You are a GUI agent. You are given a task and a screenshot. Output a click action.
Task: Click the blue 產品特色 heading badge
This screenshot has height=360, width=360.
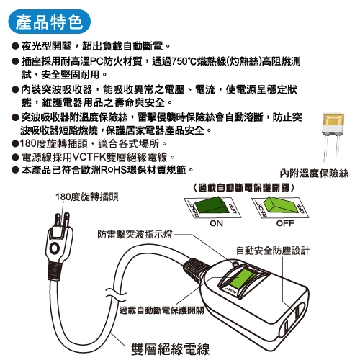click(50, 22)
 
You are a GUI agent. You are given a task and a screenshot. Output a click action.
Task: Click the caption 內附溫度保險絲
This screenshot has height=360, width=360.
click(314, 174)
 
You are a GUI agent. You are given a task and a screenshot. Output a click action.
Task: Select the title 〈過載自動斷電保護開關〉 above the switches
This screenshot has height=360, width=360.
click(243, 188)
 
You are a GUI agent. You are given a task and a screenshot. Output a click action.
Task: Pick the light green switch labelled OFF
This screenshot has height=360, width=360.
click(280, 207)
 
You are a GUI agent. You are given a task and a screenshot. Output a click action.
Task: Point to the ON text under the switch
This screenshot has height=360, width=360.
click(216, 223)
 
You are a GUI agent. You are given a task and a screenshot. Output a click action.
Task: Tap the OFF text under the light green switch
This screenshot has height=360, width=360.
click(285, 223)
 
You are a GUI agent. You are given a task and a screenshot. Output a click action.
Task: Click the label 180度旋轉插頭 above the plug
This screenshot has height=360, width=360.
click(87, 197)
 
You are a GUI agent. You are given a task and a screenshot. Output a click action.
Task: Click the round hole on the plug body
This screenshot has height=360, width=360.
click(54, 248)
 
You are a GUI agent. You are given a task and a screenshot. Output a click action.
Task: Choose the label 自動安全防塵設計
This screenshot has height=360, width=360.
click(273, 251)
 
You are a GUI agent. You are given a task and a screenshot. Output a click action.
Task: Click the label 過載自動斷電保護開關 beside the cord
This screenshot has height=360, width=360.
click(161, 310)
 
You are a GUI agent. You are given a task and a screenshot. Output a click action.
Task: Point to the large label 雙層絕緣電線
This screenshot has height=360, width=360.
click(170, 349)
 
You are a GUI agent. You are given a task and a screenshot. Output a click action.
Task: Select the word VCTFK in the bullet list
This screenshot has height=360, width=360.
click(89, 157)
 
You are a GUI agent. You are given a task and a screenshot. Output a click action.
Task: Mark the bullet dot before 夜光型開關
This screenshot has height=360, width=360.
click(15, 46)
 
